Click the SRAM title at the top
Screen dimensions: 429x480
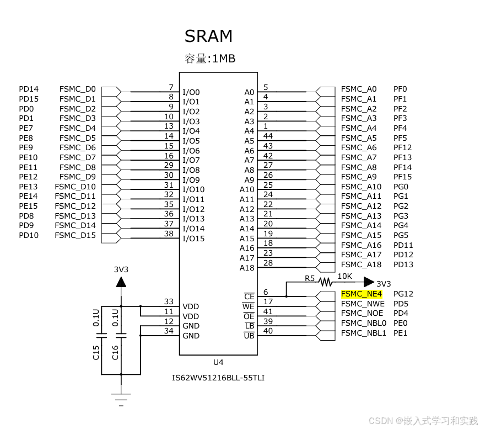208,36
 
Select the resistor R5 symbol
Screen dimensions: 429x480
325,282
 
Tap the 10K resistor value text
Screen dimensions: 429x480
344,276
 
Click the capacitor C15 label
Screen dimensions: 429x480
96,352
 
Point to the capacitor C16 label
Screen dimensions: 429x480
115,352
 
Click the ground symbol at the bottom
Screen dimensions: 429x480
121,399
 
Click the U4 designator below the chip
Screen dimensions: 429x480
218,362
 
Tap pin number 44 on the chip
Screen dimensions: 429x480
268,136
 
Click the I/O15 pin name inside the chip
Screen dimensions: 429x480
193,239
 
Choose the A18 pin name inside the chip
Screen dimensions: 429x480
247,268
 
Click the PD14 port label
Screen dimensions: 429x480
29,89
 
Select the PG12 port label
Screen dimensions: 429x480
403,294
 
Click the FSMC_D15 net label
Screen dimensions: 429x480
75,235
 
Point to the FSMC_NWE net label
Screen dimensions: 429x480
363,304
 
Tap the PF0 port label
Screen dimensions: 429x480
400,89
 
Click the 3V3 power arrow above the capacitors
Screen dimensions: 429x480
121,282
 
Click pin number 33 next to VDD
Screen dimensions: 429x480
169,301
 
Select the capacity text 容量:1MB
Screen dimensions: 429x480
210,58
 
